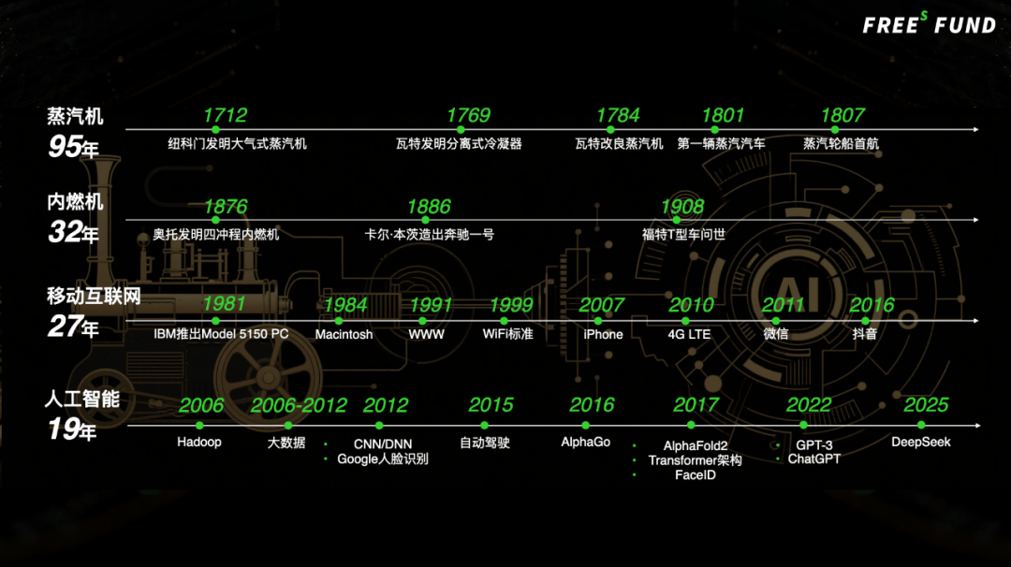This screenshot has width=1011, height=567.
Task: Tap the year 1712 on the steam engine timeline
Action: tap(225, 115)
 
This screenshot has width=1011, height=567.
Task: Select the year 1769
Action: tap(468, 115)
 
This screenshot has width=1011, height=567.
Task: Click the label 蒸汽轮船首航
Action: tap(841, 143)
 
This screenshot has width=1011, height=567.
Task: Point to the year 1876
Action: tap(226, 207)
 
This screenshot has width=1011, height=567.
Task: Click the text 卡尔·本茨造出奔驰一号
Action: tap(429, 235)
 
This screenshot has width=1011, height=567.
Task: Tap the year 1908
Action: tap(682, 207)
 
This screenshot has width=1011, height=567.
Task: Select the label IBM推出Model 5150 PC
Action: tap(221, 334)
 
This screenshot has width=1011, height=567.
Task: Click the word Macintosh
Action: tap(344, 334)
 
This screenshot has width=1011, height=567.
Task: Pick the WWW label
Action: tap(426, 334)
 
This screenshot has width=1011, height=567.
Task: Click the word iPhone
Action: tap(603, 334)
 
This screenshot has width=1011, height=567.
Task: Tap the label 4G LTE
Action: tap(689, 334)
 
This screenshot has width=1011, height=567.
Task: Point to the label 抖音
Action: tap(864, 334)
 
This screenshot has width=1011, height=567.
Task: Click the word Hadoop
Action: tap(199, 442)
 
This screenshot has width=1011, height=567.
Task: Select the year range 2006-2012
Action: tap(299, 405)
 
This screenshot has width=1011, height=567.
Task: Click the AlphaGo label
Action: tap(586, 442)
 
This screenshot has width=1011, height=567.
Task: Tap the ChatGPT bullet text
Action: tap(813, 459)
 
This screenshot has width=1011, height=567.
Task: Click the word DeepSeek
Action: tap(921, 442)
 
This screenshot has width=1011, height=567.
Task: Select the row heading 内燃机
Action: tap(76, 202)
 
